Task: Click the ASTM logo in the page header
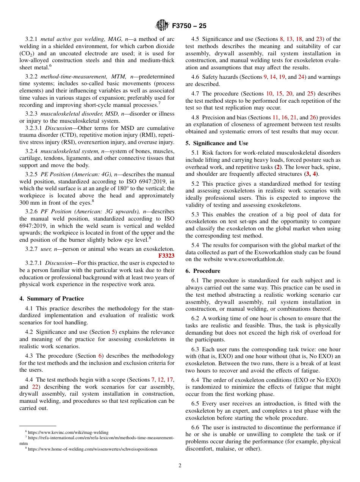pos(162,26)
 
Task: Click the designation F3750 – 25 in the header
pos(189,26)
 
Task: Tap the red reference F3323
pos(166,256)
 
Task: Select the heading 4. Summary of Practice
pos(52,299)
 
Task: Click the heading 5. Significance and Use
pos(217,143)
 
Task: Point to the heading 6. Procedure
pos(203,271)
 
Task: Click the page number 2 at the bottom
pos(180,466)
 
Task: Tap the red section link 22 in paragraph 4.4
pos(34,387)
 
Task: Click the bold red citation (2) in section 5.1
pos(278,167)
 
